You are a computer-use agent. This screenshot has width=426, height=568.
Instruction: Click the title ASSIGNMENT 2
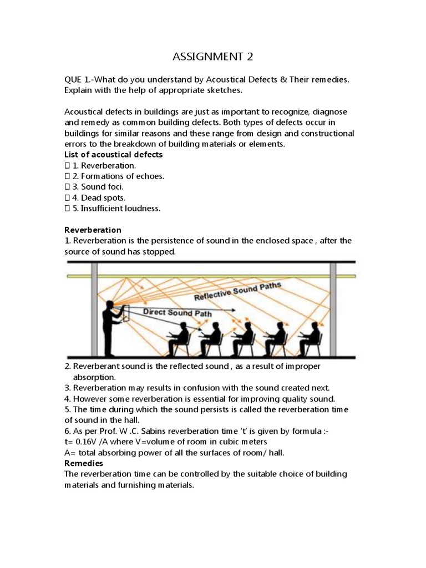(213, 57)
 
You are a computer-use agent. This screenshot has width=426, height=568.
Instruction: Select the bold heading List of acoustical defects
(114, 155)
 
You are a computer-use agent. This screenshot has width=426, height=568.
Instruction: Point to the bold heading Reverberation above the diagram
(93, 230)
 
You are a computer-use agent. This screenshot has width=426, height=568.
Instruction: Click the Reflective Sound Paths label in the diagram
(238, 292)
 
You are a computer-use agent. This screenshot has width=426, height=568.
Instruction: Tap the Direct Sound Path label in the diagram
(177, 312)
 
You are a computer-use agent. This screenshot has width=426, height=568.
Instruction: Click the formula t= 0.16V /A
(93, 442)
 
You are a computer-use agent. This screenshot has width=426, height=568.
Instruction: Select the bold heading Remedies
(84, 463)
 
